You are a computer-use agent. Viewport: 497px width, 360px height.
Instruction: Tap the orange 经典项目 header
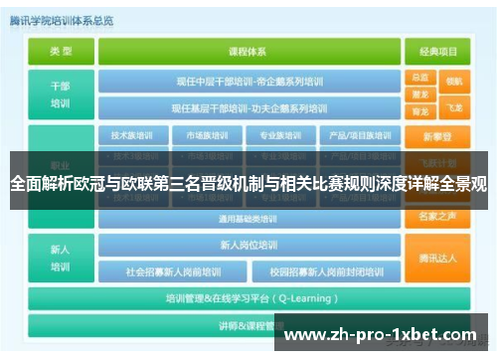(x=437, y=51)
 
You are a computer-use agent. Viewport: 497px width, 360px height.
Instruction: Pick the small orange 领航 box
(x=454, y=81)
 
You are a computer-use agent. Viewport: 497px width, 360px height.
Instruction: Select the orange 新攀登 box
(x=437, y=136)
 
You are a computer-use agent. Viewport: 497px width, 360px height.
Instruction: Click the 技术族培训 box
(x=132, y=135)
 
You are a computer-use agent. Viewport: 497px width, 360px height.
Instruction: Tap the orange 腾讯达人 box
(x=437, y=258)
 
